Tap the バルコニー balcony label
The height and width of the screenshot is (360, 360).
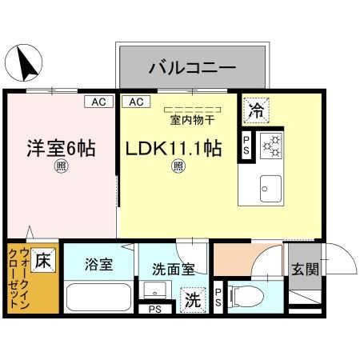pos(191,67)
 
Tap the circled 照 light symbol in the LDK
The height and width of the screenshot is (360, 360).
pos(179,166)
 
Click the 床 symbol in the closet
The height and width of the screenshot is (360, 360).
pos(44,260)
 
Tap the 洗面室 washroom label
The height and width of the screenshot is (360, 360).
pos(167,270)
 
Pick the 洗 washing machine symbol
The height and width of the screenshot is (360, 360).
pos(194,300)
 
